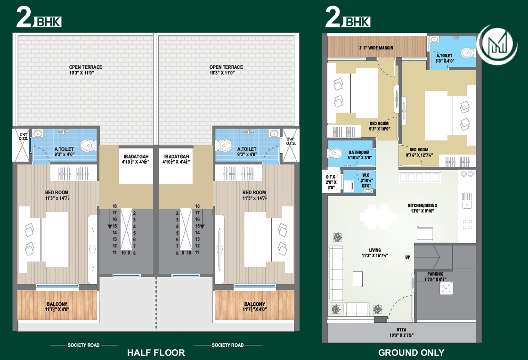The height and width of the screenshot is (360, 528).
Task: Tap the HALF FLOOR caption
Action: coord(156,352)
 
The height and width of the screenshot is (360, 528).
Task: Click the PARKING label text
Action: coord(435,274)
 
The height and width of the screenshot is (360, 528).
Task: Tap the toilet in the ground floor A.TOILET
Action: coord(466,52)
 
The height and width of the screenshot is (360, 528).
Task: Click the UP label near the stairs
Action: coord(407,257)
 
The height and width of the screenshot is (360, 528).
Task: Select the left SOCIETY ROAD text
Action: coord(83,345)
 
